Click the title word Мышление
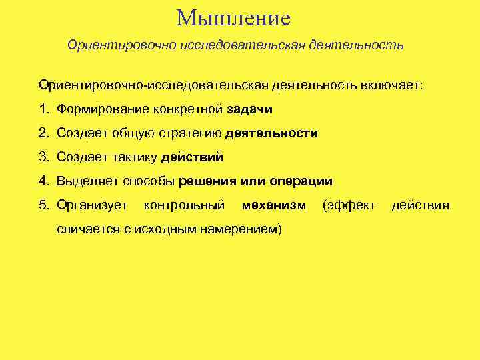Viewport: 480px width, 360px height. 234,18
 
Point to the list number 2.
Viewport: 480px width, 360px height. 43,133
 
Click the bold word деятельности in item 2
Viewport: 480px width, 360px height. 271,133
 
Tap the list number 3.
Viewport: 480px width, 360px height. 43,157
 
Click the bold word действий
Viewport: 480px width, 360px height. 192,157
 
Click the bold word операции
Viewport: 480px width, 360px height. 301,181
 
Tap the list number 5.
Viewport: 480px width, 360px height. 43,205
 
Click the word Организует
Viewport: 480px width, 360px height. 92,205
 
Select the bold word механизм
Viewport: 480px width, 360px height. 274,205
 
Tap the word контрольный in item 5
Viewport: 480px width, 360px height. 184,205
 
